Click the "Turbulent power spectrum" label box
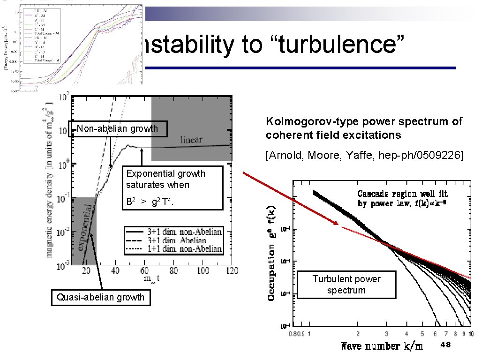[x=346, y=285]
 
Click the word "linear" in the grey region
[x=192, y=140]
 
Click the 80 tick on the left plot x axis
[x=174, y=271]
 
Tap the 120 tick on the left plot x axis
[x=231, y=271]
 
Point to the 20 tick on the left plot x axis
[x=88, y=271]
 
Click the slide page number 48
[x=446, y=345]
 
